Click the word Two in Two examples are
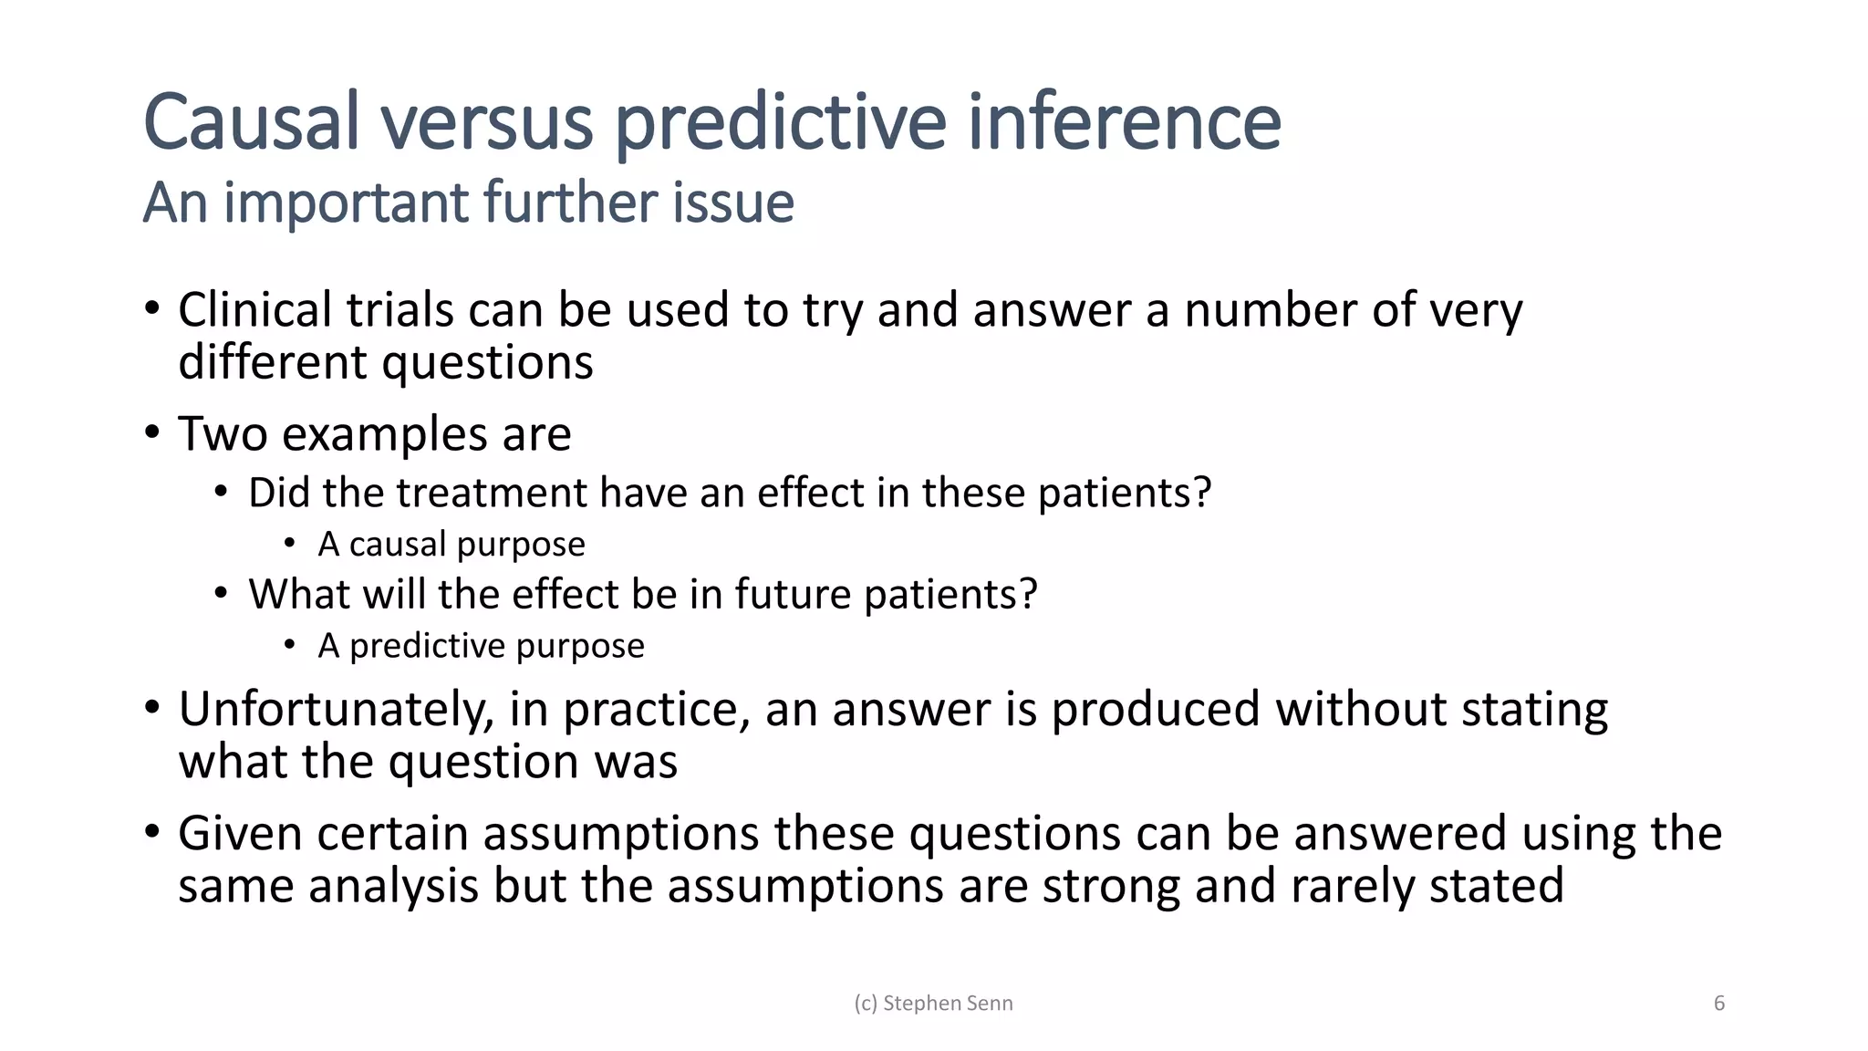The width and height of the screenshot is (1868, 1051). (x=222, y=433)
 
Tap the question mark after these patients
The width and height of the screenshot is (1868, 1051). (x=1202, y=494)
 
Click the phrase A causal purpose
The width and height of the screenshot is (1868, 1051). (x=451, y=545)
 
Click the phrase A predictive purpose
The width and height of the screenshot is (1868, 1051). (x=481, y=646)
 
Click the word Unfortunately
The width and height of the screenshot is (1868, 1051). (x=336, y=710)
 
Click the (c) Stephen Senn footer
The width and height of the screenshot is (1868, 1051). (x=933, y=1004)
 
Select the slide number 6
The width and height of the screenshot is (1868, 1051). (x=1719, y=1004)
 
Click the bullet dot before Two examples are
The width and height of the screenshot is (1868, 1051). (x=152, y=432)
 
